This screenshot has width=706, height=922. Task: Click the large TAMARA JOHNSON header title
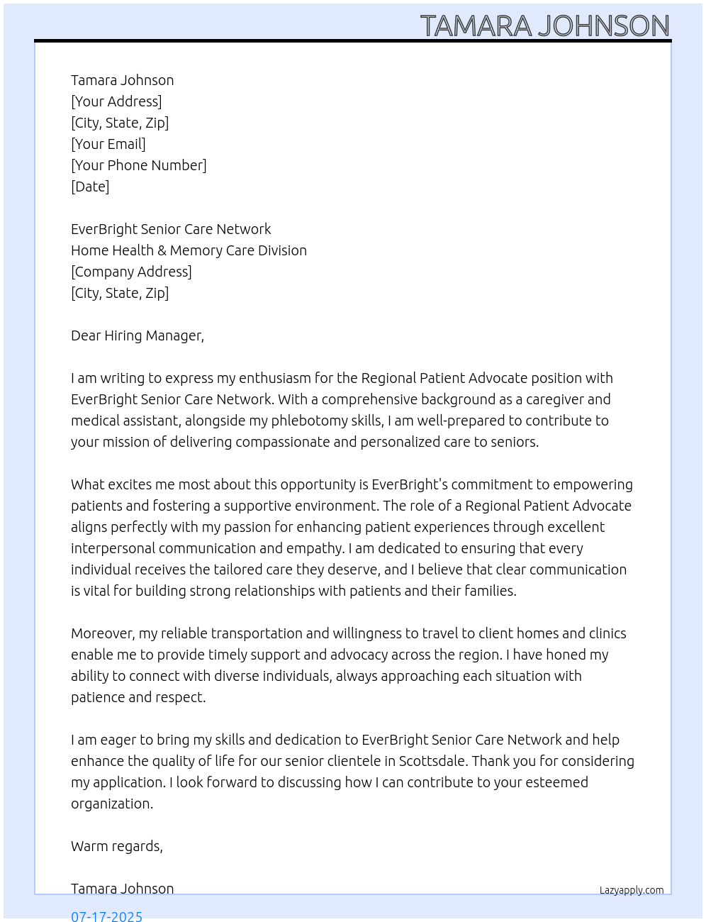click(x=544, y=26)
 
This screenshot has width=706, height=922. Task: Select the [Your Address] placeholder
click(x=116, y=101)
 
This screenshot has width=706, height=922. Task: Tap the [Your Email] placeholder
click(x=108, y=144)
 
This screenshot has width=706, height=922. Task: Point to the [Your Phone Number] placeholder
click(x=139, y=165)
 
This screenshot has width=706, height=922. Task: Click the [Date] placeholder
click(x=90, y=187)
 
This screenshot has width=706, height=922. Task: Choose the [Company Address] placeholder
click(x=131, y=272)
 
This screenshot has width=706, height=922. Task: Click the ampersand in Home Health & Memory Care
click(x=162, y=250)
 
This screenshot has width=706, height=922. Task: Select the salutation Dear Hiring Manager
click(x=138, y=335)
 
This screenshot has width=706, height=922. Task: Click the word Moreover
click(x=103, y=633)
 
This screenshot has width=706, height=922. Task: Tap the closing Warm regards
click(x=117, y=846)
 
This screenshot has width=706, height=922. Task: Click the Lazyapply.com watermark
click(x=632, y=890)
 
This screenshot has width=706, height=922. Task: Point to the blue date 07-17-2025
click(x=106, y=916)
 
